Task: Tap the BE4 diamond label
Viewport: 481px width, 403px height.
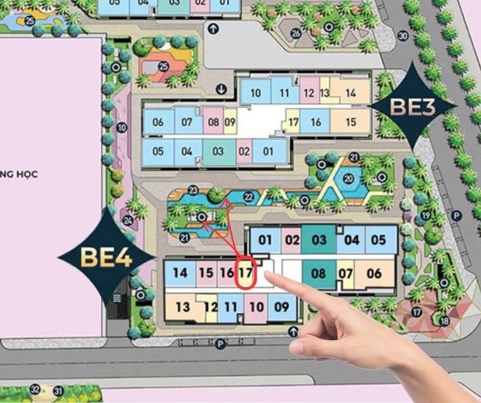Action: (106, 257)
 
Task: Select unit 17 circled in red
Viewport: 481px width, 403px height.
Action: (245, 273)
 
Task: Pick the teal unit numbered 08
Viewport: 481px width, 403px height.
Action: (319, 274)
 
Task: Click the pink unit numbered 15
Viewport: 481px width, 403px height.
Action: (206, 273)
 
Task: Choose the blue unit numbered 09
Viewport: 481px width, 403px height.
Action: (282, 307)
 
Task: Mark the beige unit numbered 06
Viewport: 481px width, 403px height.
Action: (375, 274)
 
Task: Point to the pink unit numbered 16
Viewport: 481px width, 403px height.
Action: (226, 273)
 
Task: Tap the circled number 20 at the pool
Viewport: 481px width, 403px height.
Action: (349, 179)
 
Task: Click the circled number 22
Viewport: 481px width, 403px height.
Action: (249, 196)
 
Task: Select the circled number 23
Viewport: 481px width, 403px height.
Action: (193, 190)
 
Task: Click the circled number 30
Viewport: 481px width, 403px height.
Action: (403, 36)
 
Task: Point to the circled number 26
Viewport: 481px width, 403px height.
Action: (296, 33)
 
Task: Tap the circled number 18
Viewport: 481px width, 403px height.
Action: (445, 321)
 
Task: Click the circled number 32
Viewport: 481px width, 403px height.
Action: (35, 389)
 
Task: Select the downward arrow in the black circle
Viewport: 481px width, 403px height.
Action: (222, 89)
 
